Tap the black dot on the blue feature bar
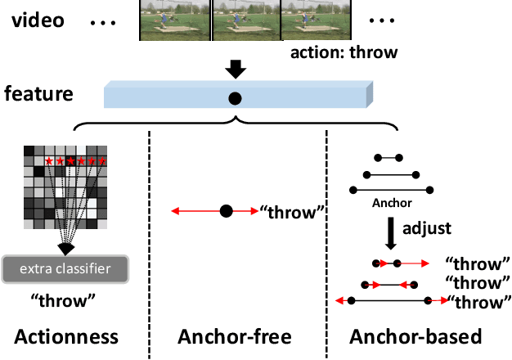coord(235,98)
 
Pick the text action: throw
coord(344,53)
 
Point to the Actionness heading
coord(66,337)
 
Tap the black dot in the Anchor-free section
coord(227,212)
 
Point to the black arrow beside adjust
coord(391,233)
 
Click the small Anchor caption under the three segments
coord(391,203)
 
